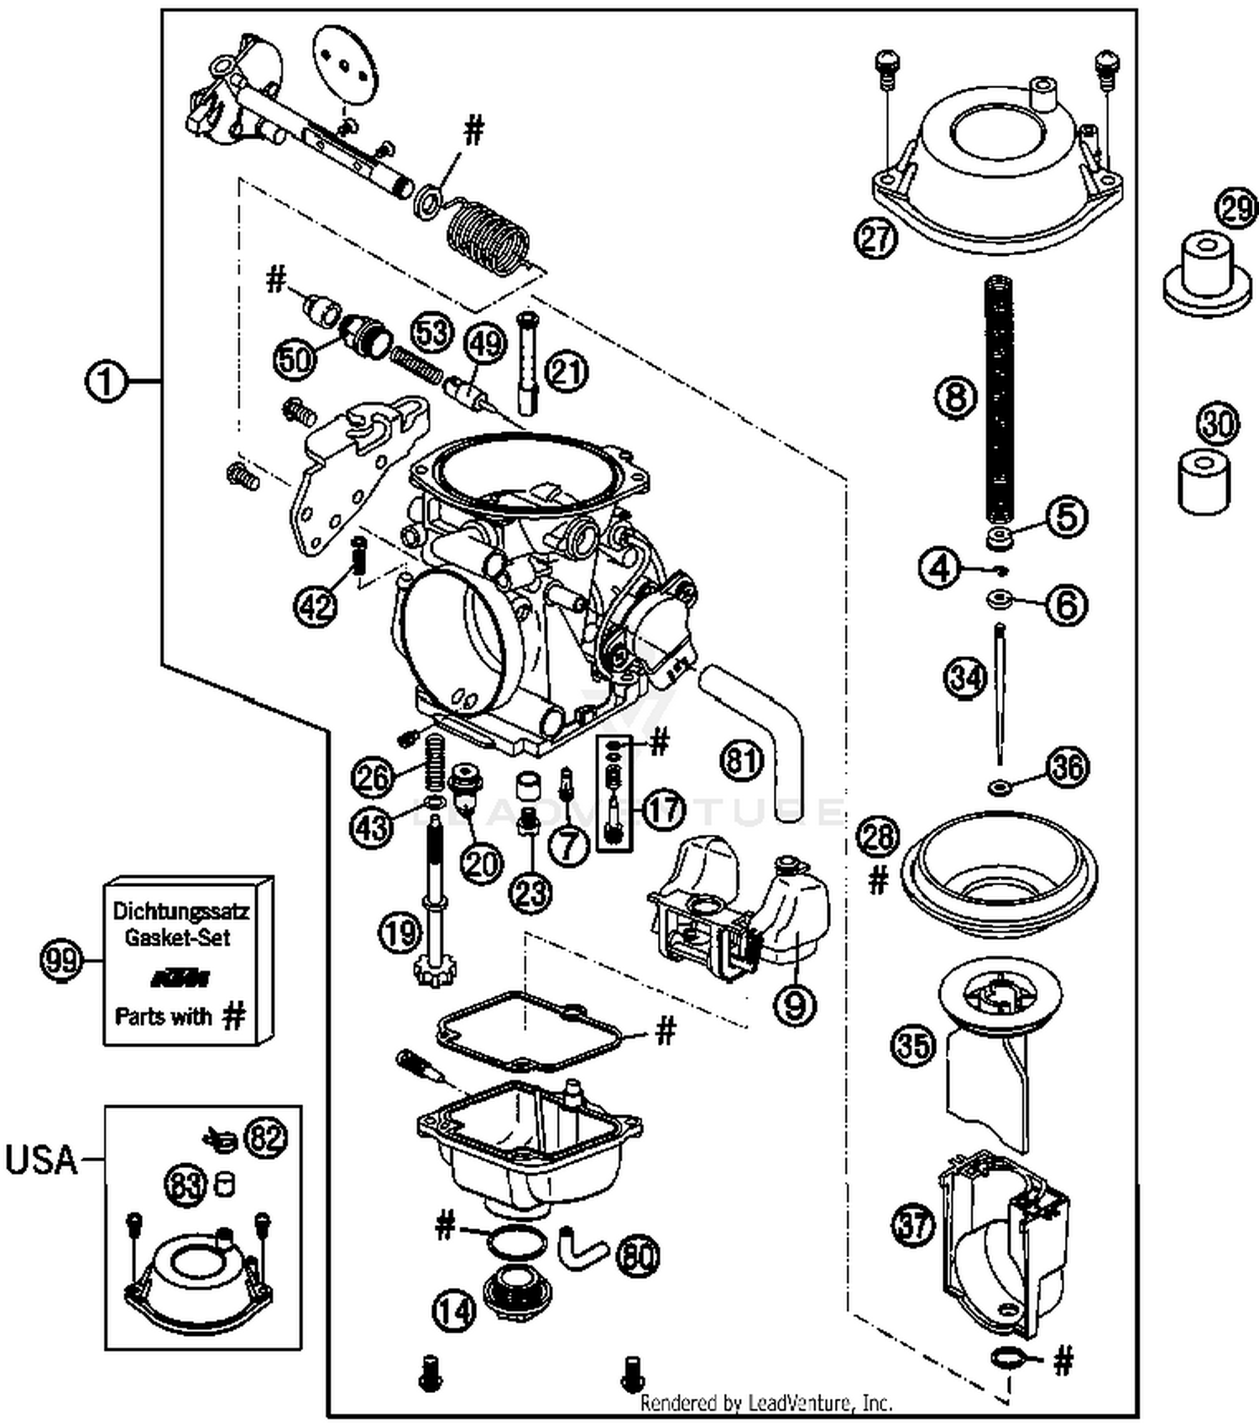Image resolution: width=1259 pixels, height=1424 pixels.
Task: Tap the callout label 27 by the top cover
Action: click(x=876, y=237)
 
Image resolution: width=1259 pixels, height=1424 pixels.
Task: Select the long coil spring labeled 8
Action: click(x=1000, y=403)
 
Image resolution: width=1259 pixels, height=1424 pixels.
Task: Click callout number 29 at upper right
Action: click(x=1236, y=207)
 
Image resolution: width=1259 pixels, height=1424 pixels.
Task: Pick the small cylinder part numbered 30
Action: click(x=1204, y=481)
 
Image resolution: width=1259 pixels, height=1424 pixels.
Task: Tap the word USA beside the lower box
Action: click(x=41, y=1160)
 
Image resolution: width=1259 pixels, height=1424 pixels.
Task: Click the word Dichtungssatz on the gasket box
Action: click(x=180, y=910)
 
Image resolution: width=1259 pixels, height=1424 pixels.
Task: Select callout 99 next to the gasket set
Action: click(x=61, y=959)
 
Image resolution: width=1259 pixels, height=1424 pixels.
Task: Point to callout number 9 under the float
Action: click(x=794, y=1003)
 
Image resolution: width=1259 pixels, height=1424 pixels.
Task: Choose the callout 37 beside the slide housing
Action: click(x=912, y=1224)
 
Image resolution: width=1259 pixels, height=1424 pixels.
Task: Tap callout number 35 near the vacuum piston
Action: click(x=912, y=1046)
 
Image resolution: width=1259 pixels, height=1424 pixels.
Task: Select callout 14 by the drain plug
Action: click(x=454, y=1310)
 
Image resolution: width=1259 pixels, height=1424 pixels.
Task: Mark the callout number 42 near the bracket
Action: click(x=316, y=604)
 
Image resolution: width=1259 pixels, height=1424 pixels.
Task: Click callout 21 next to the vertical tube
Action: click(x=567, y=372)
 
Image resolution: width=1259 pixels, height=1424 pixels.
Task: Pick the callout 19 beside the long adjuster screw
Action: click(x=400, y=931)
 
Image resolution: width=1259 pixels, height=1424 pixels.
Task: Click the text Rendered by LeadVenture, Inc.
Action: click(x=765, y=1402)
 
